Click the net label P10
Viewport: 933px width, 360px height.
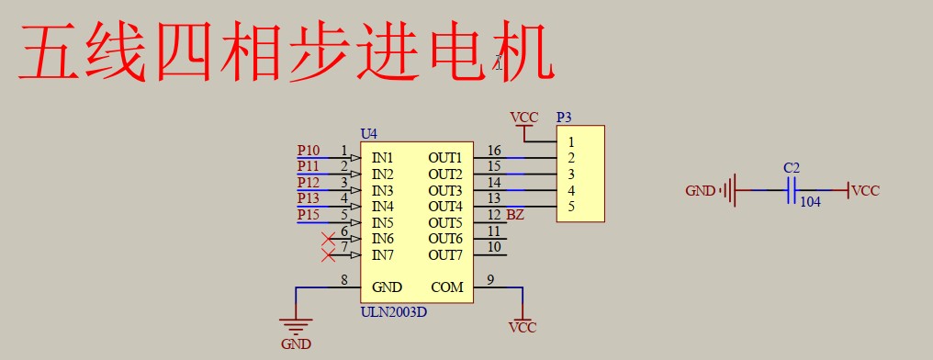point(309,151)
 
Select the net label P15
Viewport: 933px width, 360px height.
point(309,215)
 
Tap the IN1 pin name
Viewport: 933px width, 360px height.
point(383,158)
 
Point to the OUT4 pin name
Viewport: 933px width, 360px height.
point(444,206)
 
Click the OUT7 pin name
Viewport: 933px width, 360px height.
point(444,254)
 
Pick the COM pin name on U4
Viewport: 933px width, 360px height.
point(447,287)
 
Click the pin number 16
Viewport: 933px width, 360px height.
point(494,151)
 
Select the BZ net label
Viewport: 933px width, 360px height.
point(515,215)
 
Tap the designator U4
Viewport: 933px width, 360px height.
point(368,134)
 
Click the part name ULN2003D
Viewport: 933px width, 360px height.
point(393,311)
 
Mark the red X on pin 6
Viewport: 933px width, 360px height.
point(329,239)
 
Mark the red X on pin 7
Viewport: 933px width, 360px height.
point(329,254)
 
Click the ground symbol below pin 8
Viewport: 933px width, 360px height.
point(296,326)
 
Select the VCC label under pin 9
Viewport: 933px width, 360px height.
point(523,327)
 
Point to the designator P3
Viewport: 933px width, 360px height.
point(564,118)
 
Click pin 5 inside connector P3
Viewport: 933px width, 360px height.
point(571,207)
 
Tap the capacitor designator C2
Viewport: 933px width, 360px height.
point(791,168)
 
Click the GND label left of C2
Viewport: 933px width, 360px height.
point(700,191)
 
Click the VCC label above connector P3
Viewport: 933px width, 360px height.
point(523,118)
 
